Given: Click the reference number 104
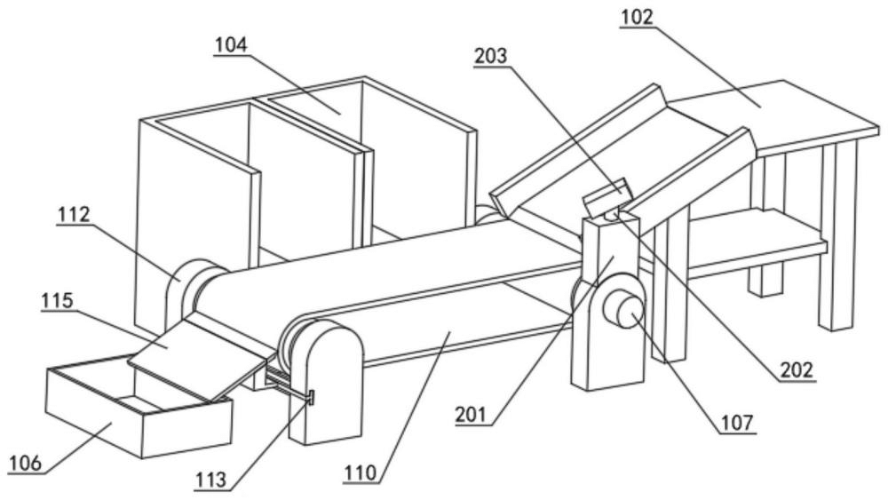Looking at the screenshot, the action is point(231,44).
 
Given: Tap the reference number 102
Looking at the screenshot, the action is point(636,17).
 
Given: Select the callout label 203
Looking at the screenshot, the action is point(490,56).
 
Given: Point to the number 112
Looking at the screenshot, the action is point(73,215).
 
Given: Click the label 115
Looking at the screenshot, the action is point(57,300).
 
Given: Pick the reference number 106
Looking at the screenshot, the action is point(25,463).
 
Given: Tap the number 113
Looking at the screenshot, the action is point(211,480).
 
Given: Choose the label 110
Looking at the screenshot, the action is point(360,472).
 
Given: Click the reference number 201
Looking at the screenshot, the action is point(472,415).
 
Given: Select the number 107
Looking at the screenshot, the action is point(737,423).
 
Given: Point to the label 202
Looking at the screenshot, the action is point(797,369).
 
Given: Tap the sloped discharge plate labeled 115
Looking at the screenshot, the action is point(198,358).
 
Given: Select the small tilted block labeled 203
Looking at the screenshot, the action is point(606,196).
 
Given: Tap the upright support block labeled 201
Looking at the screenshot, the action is point(609,306).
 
